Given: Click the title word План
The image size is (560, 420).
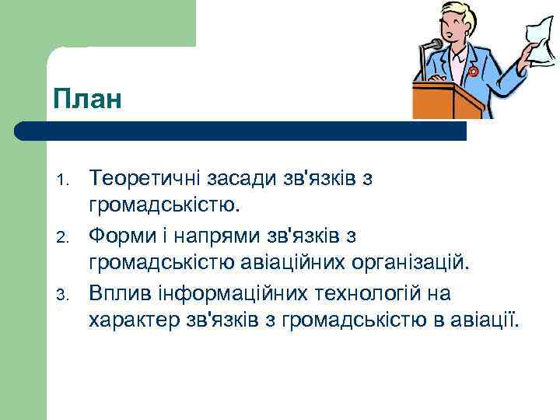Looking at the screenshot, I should [x=88, y=100].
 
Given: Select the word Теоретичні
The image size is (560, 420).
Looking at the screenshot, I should [x=142, y=179].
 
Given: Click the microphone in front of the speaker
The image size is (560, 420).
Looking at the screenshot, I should [x=433, y=45].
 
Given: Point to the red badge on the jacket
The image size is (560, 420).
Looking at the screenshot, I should [x=473, y=72].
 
